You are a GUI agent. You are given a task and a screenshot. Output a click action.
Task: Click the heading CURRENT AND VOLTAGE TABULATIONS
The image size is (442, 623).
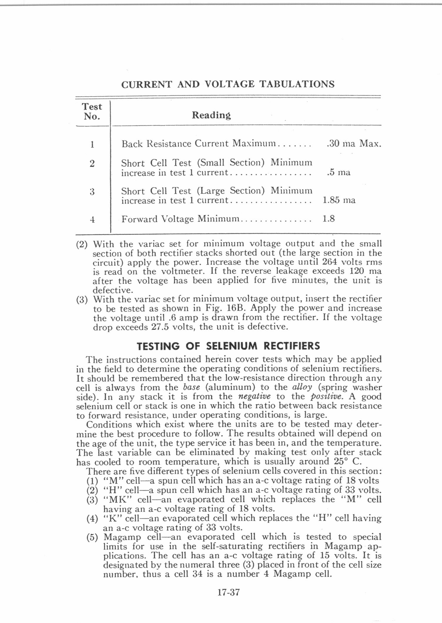(228, 84)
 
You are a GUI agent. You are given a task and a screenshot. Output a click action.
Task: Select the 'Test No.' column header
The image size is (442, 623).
(92, 111)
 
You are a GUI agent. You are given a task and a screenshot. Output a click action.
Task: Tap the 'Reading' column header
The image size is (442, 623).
(211, 115)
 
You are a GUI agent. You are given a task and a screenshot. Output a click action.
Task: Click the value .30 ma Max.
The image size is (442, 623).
(354, 144)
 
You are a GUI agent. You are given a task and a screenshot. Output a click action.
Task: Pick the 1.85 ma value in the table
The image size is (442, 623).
(339, 200)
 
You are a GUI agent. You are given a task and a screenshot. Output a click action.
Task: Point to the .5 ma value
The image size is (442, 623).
(339, 172)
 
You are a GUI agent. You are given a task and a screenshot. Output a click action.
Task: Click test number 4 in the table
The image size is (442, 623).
(92, 219)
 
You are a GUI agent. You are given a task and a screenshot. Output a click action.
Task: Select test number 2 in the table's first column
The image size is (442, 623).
(92, 163)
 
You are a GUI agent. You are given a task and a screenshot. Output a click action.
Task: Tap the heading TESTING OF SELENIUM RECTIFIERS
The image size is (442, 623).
(228, 346)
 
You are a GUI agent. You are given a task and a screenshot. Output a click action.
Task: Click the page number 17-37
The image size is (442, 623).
(229, 592)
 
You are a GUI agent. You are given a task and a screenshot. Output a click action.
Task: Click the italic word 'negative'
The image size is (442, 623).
(254, 397)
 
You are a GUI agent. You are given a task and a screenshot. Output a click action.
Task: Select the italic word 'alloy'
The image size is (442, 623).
(302, 387)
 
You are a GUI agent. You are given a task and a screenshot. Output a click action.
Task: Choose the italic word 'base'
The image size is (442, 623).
(192, 387)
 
